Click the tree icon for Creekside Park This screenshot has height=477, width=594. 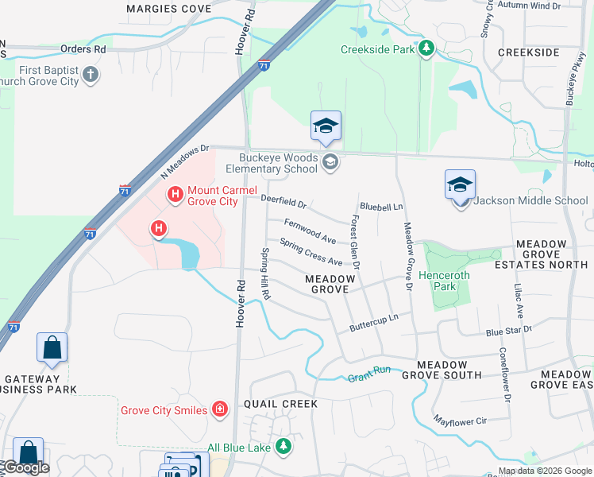click(x=426, y=49)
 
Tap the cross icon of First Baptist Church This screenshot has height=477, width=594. click(x=91, y=76)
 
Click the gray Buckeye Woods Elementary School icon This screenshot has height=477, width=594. click(x=330, y=163)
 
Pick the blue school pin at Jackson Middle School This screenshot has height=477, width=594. click(x=461, y=186)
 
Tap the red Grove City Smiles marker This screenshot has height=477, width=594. click(x=220, y=410)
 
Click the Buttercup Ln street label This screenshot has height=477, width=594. click(x=373, y=322)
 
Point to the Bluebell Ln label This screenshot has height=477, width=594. click(x=381, y=207)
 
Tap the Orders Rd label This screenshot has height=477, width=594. click(x=83, y=48)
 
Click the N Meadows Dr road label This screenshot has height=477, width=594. click(x=183, y=161)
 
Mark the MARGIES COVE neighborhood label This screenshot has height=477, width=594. click(x=168, y=9)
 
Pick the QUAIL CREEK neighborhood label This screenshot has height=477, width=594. click(x=281, y=404)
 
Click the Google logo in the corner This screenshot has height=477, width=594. click(x=25, y=467)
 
